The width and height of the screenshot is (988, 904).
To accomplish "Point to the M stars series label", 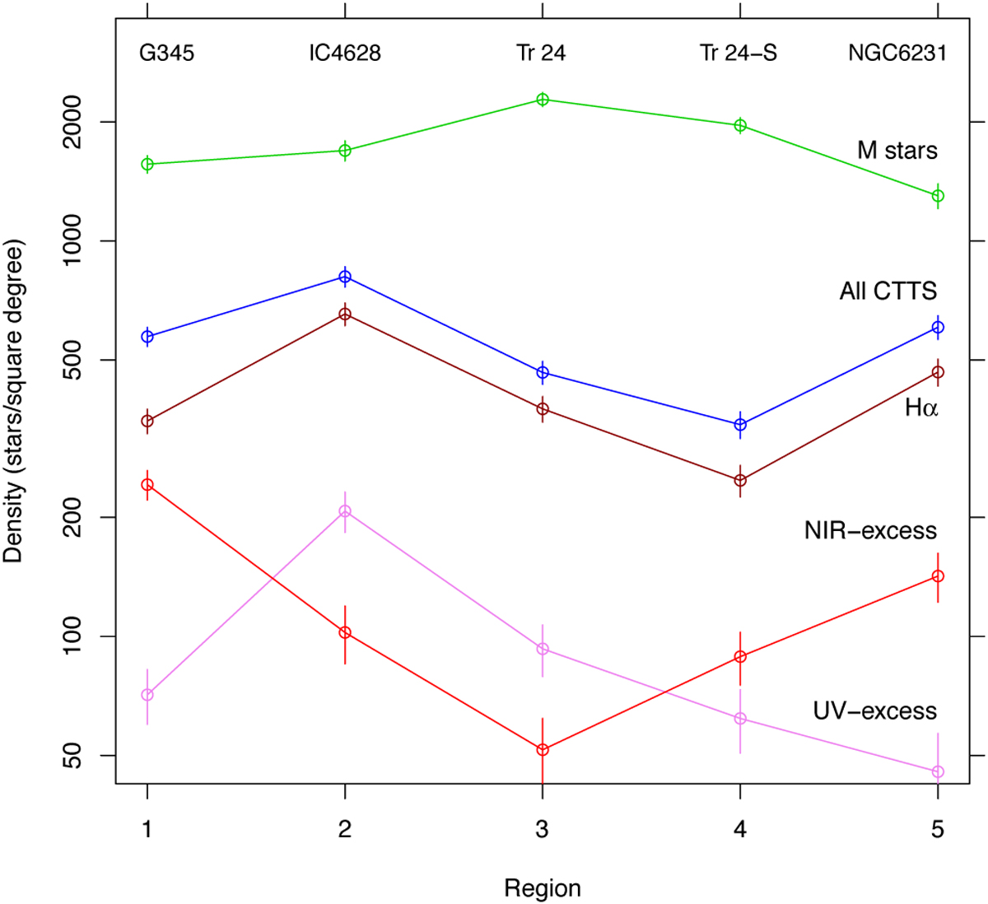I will [897, 151].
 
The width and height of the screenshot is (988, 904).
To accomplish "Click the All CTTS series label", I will [888, 291].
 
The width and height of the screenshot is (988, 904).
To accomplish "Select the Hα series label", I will [921, 408].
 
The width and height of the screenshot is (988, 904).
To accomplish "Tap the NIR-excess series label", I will [870, 531].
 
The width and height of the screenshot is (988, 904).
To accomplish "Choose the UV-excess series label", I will [874, 711].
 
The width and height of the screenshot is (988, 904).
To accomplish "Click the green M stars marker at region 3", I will [543, 100].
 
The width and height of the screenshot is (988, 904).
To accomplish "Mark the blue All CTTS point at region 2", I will [345, 277].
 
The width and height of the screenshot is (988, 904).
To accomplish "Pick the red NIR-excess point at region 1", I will [147, 484].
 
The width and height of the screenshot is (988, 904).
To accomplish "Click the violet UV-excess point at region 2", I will [345, 511].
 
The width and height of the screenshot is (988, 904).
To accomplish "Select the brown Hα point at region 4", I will [740, 480].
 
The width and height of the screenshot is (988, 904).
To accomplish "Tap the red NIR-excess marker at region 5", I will [938, 575].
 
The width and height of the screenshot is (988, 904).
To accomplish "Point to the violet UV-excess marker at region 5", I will [938, 771].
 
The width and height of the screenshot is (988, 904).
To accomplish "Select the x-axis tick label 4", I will [740, 829].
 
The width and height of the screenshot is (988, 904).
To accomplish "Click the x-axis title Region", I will [543, 888].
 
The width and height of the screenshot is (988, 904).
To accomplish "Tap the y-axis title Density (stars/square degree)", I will [14, 401].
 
